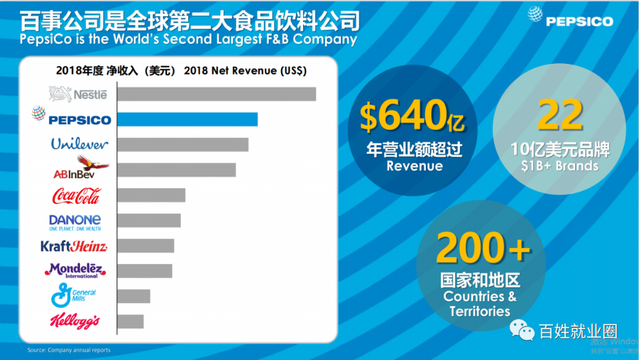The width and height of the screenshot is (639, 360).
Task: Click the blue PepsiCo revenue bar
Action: click(187, 119)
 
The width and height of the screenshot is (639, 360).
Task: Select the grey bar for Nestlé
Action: click(217, 94)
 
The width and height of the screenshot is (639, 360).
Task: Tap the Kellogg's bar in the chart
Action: click(130, 322)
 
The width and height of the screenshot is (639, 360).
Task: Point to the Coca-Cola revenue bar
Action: click(151, 195)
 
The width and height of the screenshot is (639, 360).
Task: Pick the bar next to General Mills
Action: click(134, 296)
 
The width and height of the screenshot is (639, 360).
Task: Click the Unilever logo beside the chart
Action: click(80, 144)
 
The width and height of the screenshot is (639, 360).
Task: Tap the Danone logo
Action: click(75, 221)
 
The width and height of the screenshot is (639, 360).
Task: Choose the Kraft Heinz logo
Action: click(74, 246)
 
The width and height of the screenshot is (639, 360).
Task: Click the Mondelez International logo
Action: click(75, 271)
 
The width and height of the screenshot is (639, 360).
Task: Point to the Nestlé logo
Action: click(78, 94)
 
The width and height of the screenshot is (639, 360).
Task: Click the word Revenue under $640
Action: click(415, 166)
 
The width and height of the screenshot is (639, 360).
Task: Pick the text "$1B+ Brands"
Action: click(560, 166)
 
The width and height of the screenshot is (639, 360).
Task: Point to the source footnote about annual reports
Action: click(69, 350)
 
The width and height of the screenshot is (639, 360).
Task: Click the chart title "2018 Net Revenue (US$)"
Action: click(246, 70)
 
